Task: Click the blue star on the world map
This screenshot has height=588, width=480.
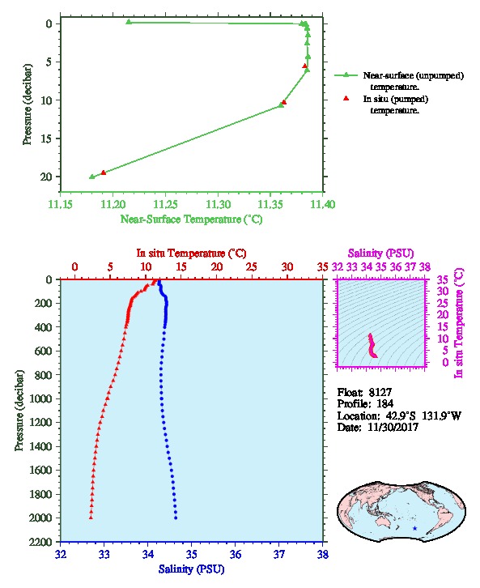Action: tap(414, 528)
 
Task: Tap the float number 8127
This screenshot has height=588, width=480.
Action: tap(380, 392)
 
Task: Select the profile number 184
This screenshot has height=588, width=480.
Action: tap(384, 404)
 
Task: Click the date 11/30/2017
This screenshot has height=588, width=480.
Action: tap(393, 427)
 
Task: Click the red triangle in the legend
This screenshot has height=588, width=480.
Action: tap(346, 98)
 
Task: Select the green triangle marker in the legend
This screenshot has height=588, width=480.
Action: tap(346, 75)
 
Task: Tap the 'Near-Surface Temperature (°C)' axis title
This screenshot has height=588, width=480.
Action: tap(191, 219)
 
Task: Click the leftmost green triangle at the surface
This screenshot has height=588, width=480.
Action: tap(129, 22)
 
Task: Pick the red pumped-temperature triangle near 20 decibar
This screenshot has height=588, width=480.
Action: tap(104, 173)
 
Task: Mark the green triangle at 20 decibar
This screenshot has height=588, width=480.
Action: tap(92, 177)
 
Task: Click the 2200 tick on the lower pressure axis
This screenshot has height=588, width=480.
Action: tap(41, 542)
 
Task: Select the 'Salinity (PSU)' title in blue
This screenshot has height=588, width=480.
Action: tap(191, 569)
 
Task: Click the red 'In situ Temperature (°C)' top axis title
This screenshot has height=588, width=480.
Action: tap(191, 254)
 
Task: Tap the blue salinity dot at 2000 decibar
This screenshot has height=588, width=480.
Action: tap(176, 518)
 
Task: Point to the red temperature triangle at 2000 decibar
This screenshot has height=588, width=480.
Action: tap(91, 518)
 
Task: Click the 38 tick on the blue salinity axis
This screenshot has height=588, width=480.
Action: tap(323, 554)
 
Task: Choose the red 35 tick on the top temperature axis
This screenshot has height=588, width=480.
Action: tap(323, 267)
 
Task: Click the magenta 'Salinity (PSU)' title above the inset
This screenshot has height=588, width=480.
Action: tap(381, 254)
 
